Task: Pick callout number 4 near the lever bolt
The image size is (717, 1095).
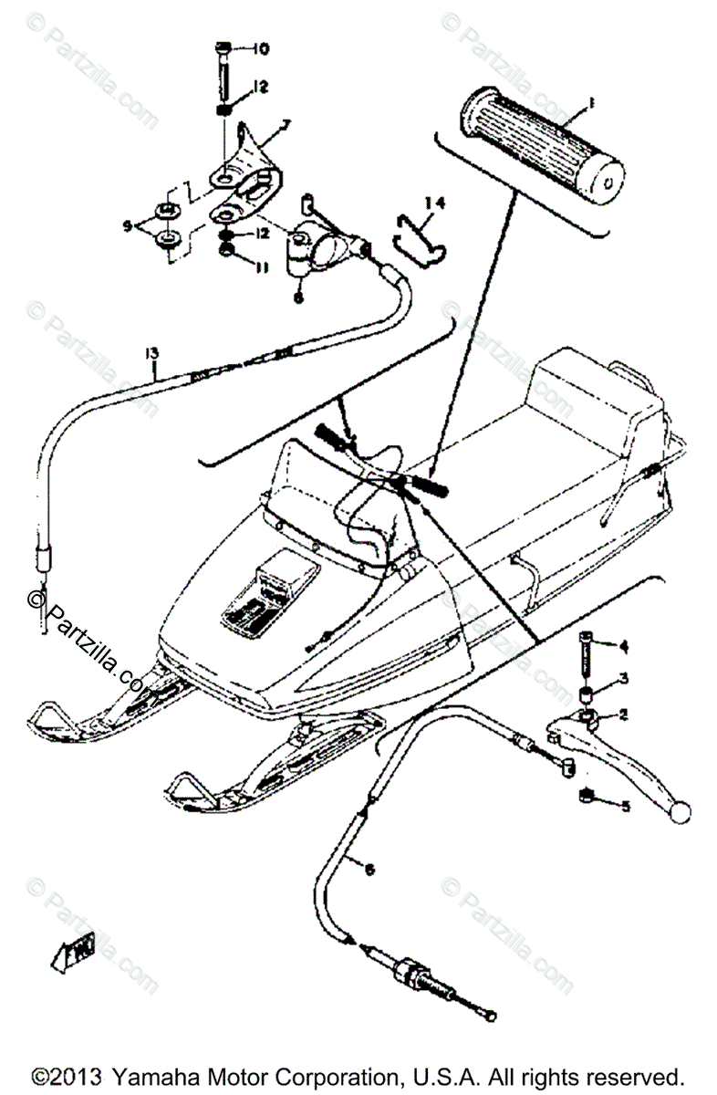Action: pos(624,647)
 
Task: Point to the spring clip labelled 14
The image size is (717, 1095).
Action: pos(416,239)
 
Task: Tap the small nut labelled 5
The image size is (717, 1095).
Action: pos(589,798)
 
